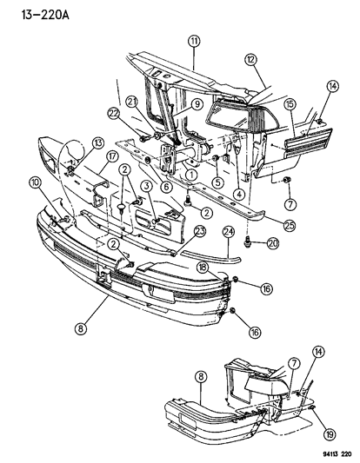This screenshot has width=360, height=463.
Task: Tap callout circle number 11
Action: point(193,40)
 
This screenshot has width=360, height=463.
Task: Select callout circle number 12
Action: point(252,59)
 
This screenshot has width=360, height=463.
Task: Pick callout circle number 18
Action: point(202,270)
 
